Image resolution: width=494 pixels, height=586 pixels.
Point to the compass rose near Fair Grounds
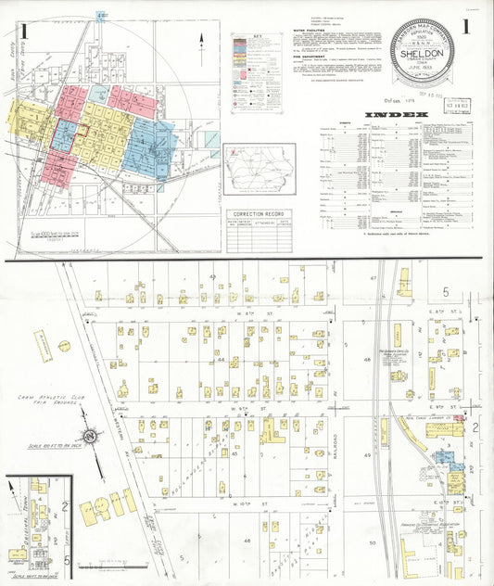tap(91, 436)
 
